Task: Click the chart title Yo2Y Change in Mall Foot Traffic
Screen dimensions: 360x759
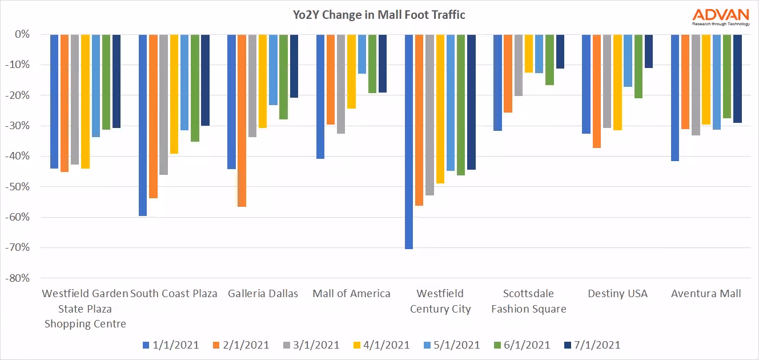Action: point(379,15)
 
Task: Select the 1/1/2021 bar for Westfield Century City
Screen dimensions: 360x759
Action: point(409,141)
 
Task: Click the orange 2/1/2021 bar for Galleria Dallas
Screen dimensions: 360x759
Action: point(242,120)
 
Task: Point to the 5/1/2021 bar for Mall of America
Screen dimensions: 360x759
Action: point(362,54)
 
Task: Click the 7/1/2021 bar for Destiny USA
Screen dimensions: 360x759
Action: point(648,51)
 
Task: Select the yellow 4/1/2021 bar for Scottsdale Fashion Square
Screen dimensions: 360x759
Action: point(529,53)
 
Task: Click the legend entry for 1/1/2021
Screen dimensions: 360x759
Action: point(171,345)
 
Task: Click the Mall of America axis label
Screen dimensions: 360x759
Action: point(351,294)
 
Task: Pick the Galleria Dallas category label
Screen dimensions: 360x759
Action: point(263,294)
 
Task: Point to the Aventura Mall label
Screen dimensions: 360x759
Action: point(706,294)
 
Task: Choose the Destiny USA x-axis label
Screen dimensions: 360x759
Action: point(617,294)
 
